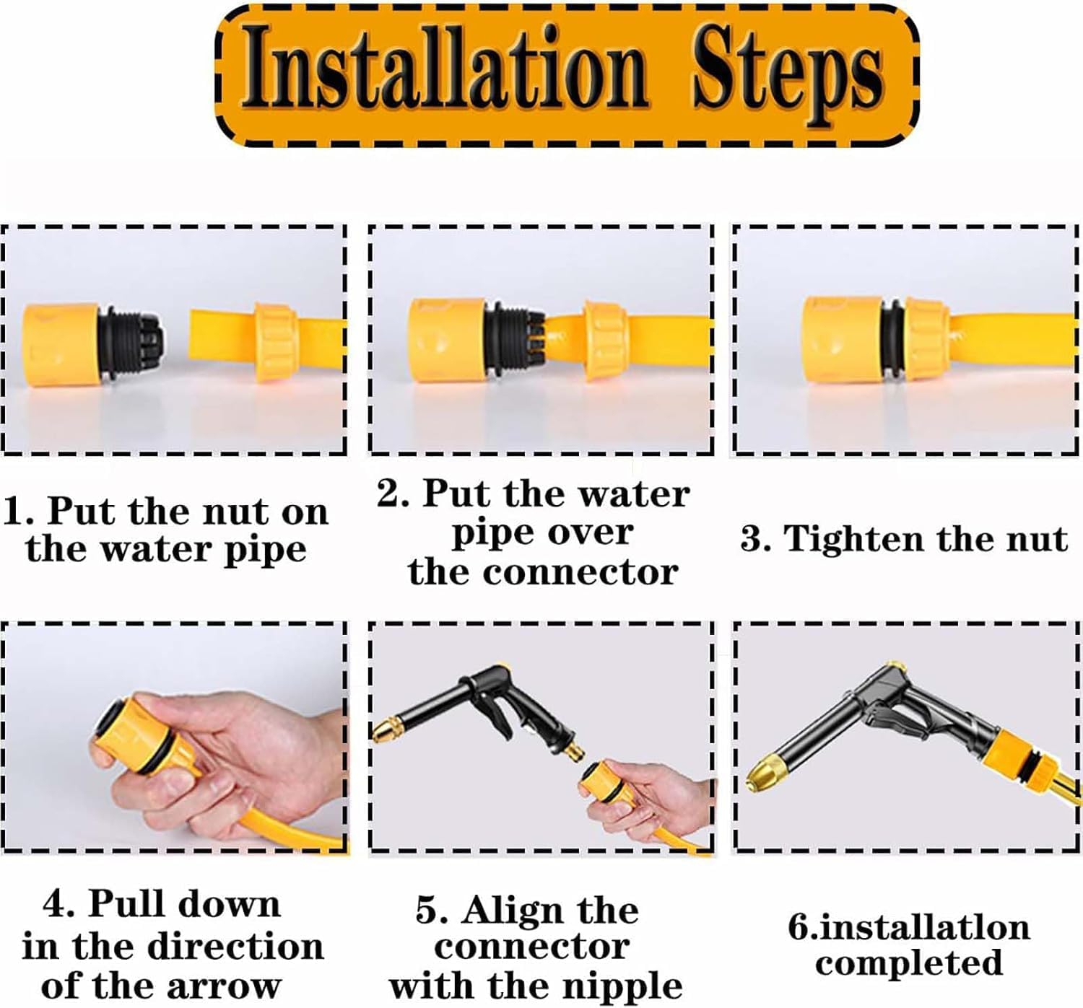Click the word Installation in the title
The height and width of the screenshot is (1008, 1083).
[x=445, y=68]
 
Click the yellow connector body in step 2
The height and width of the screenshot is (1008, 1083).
[x=446, y=340]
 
